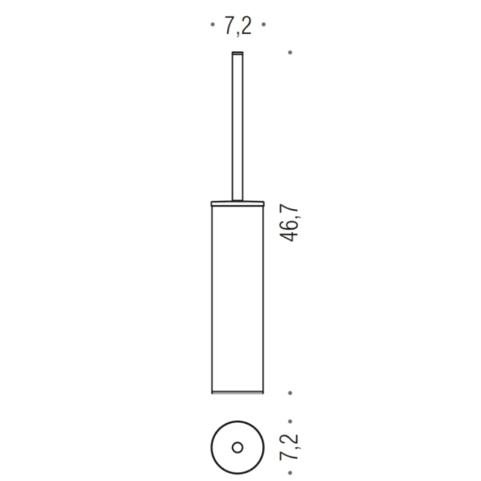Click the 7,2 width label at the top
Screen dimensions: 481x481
(238, 26)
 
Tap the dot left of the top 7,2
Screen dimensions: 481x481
(213, 24)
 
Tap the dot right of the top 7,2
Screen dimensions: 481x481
(263, 24)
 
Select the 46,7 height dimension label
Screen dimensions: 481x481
(289, 222)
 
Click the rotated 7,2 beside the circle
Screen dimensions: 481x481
(289, 447)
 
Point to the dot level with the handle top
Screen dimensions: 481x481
(290, 52)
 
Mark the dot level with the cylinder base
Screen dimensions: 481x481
(290, 393)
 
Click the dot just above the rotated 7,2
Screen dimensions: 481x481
(290, 421)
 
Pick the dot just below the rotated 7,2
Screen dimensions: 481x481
(290, 473)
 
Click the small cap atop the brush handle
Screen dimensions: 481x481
(237, 54)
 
